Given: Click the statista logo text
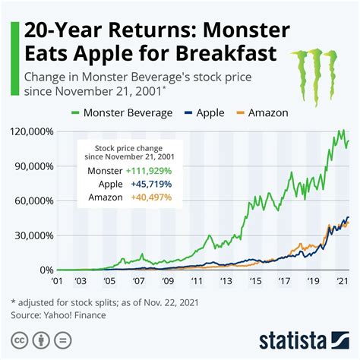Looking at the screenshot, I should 304,339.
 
